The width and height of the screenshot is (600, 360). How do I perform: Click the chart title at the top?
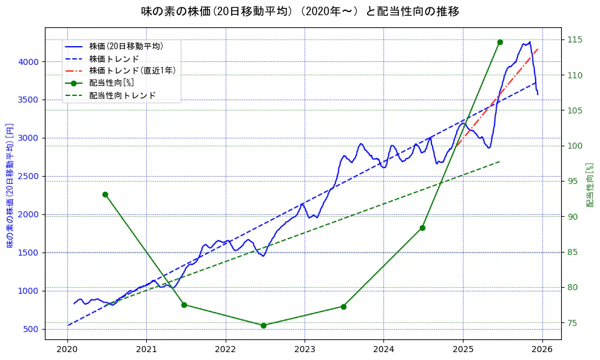pos(300,12)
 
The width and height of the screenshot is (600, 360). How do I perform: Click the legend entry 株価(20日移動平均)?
pos(126,46)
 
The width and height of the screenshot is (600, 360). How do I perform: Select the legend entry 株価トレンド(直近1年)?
pos(132,70)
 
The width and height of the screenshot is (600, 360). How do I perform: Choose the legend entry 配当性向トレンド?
pos(122,95)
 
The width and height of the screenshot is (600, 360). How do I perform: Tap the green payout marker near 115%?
pos(500,42)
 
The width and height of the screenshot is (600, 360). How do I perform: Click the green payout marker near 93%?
pos(105,194)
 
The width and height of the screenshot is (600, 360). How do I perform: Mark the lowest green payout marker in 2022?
pos(263,325)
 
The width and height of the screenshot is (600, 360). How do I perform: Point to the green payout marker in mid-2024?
pos(422,228)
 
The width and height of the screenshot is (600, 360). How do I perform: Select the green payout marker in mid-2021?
pos(184,305)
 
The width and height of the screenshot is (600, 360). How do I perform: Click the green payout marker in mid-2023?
pos(343,307)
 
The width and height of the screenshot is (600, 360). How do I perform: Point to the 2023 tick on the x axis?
pos(305,349)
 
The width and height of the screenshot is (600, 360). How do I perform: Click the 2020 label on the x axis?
pos(67,349)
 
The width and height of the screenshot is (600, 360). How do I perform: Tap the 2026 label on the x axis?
pos(542,349)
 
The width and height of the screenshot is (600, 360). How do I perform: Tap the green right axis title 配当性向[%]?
pos(590,185)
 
